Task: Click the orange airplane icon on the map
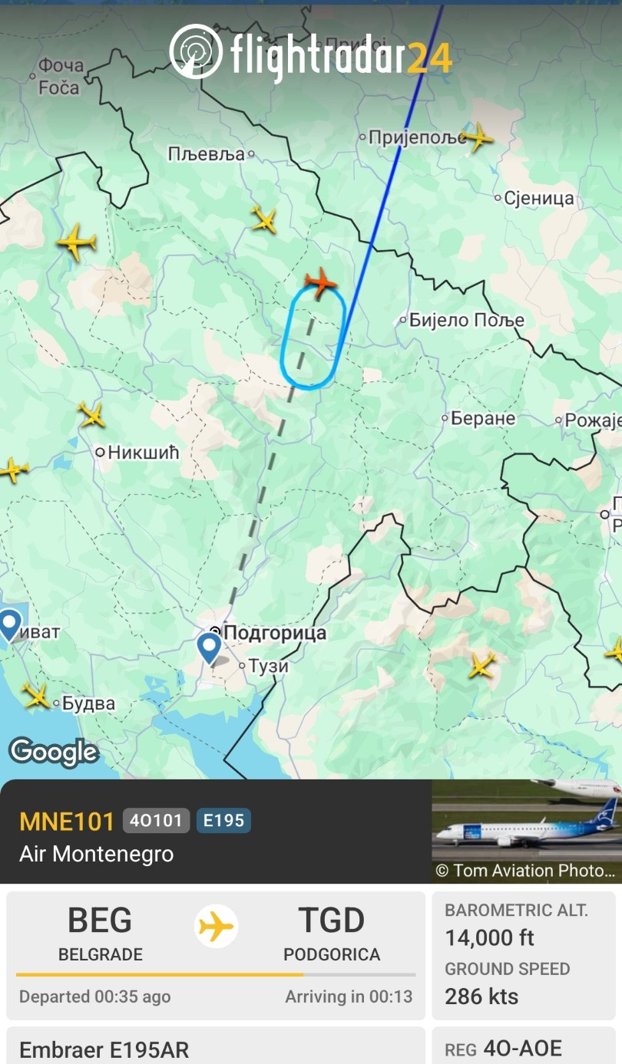(321, 282)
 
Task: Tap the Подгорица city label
(275, 633)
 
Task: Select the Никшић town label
(143, 452)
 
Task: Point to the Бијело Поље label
(466, 320)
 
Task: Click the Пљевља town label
(207, 154)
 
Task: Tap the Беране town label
(483, 419)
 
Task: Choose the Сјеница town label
(538, 199)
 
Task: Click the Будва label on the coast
(88, 703)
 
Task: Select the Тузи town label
(268, 666)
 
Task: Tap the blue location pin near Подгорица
(209, 646)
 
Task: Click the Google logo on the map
(54, 752)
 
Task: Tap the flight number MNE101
(67, 821)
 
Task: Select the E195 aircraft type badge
(223, 821)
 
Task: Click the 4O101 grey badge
(156, 821)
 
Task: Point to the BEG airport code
(100, 921)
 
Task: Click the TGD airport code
(332, 921)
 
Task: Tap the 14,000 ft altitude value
(489, 937)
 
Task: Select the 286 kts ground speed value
(481, 996)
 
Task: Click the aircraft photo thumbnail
(527, 831)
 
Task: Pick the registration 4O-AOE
(522, 1049)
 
